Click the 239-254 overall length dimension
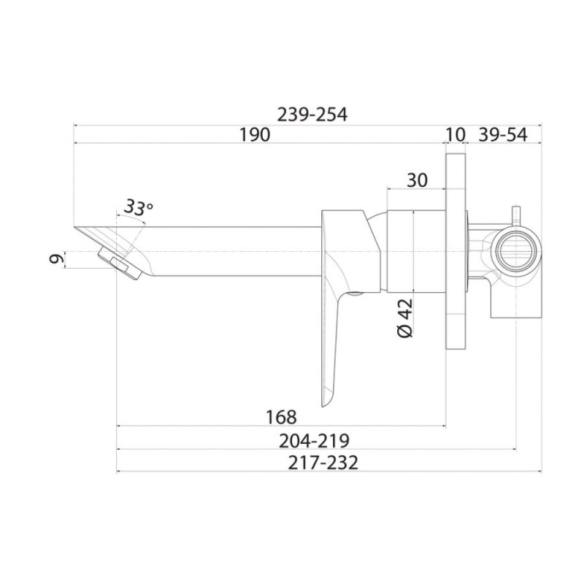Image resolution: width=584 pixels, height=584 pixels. click(x=312, y=115)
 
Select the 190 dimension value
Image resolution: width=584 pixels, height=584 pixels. click(x=254, y=134)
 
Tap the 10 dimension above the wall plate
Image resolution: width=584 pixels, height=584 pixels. click(x=455, y=134)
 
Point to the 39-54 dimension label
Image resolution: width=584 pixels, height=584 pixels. click(x=503, y=134)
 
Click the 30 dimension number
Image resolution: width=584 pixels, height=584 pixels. click(x=417, y=180)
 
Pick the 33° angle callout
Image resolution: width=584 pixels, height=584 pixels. click(x=138, y=207)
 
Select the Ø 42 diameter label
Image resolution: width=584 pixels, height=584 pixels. click(x=406, y=318)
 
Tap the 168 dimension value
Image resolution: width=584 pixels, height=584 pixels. click(x=281, y=417)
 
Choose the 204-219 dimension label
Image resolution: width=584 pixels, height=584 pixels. click(x=315, y=441)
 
